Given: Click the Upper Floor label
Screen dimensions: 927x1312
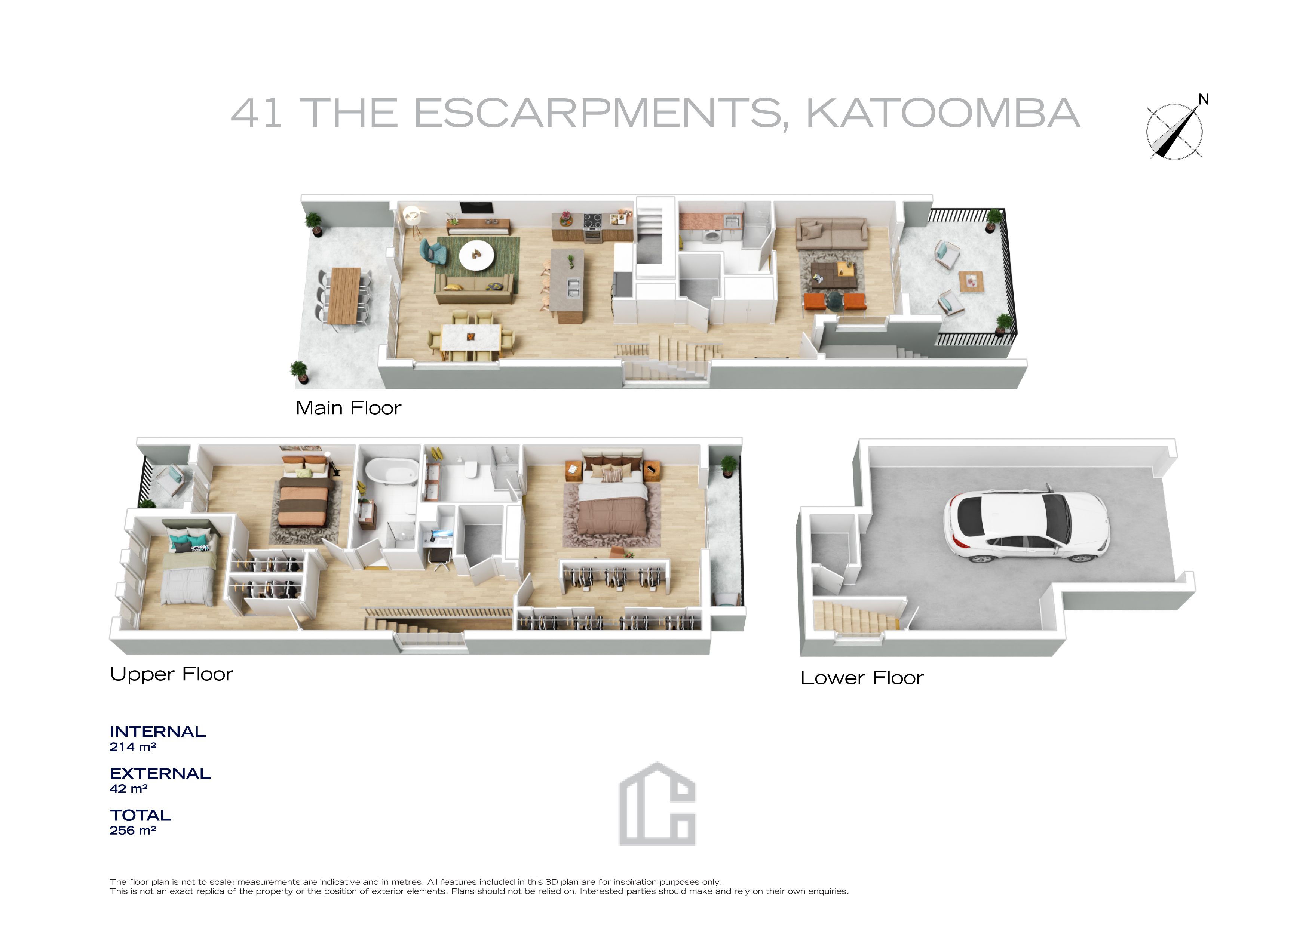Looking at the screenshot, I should point(171,674).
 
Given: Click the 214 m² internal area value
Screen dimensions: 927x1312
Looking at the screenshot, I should point(132,747).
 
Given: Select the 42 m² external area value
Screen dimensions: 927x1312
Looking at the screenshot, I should point(129,789).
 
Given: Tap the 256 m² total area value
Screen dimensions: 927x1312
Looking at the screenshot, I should point(132,831).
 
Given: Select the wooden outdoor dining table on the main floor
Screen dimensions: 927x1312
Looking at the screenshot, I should point(344,295).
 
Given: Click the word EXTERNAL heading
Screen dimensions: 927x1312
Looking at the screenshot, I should point(160,773).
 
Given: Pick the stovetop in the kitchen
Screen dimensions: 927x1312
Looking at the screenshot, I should point(592,220).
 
